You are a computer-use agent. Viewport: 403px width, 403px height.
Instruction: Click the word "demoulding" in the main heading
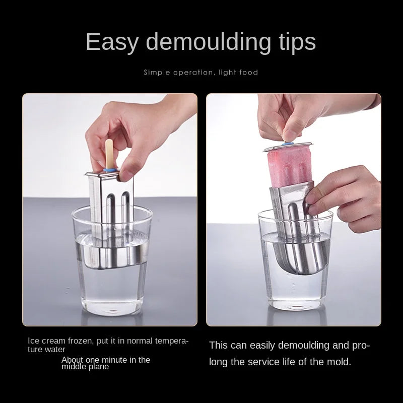click(209, 41)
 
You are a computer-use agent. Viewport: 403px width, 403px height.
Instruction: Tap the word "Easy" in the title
click(112, 42)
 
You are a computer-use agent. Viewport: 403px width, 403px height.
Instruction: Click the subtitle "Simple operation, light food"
click(200, 72)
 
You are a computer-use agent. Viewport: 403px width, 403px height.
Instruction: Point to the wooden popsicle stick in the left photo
click(109, 154)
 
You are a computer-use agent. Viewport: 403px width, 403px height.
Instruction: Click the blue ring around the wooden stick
click(110, 170)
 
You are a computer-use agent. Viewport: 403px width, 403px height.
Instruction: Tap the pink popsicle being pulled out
click(289, 168)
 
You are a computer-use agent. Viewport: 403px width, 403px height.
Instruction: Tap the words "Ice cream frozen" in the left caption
click(61, 341)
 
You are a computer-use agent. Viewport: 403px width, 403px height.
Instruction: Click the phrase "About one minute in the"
click(106, 359)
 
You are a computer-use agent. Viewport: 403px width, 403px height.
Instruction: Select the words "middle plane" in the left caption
click(85, 367)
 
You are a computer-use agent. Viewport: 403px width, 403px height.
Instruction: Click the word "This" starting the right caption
click(218, 345)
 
